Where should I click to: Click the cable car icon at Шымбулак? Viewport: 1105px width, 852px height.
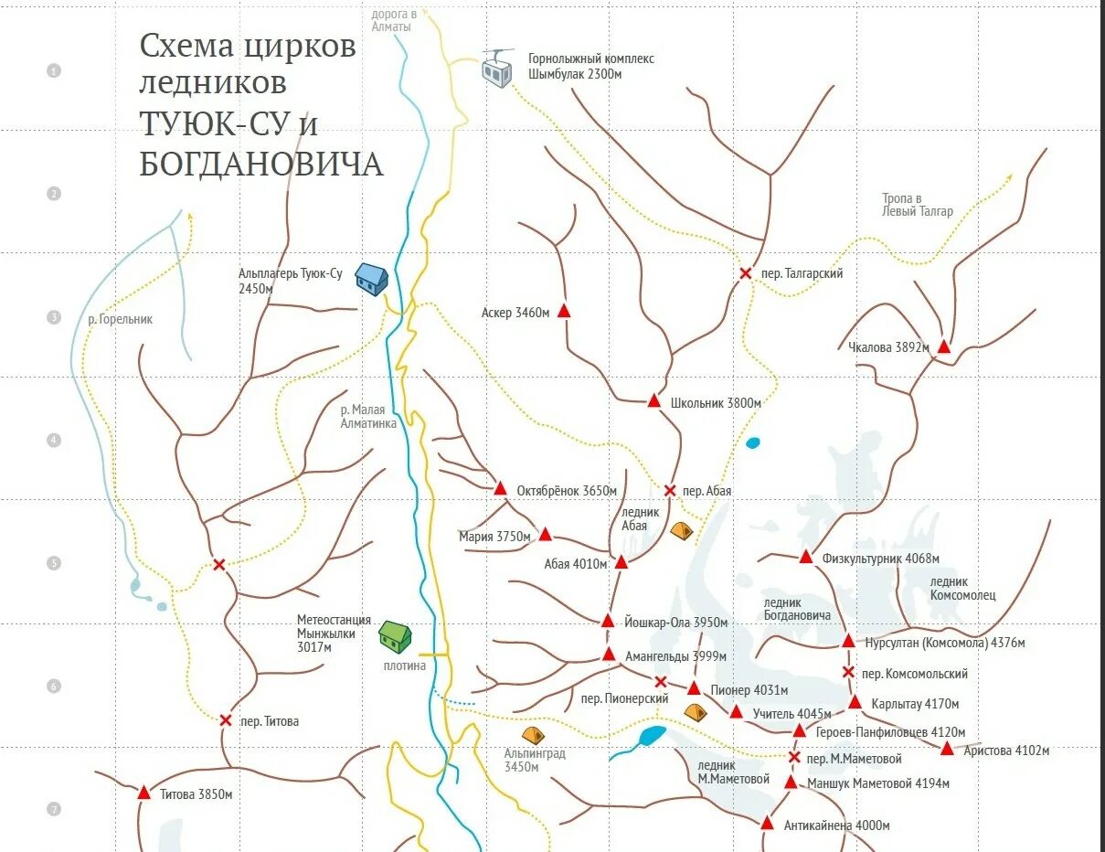tap(497, 69)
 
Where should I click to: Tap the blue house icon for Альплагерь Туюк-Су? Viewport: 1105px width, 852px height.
tap(371, 278)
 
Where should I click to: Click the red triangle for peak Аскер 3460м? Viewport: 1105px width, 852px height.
tap(564, 311)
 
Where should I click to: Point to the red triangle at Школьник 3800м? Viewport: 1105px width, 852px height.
tap(653, 400)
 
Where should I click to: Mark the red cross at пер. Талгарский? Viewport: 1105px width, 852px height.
tap(746, 272)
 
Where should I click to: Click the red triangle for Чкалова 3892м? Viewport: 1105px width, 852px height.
tap(944, 347)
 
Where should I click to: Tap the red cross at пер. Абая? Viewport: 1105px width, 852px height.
tap(669, 491)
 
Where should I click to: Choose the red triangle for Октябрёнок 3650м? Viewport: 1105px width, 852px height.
tap(500, 489)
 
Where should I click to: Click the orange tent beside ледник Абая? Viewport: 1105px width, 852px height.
tap(682, 529)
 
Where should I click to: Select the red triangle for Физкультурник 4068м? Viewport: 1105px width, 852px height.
tap(805, 557)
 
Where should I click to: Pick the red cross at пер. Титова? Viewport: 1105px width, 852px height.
tap(225, 720)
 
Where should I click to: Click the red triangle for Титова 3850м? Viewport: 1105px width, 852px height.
tap(143, 793)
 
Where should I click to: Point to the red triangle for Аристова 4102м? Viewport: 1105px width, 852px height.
tap(948, 749)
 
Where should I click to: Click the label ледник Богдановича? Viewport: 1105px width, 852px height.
tap(797, 609)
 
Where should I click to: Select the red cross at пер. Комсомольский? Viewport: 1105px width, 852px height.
tap(848, 673)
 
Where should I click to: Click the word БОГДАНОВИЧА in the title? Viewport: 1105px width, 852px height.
tap(261, 165)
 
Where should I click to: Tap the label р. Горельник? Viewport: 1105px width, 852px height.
tap(120, 320)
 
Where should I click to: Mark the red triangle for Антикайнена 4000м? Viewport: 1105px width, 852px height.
tap(768, 824)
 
